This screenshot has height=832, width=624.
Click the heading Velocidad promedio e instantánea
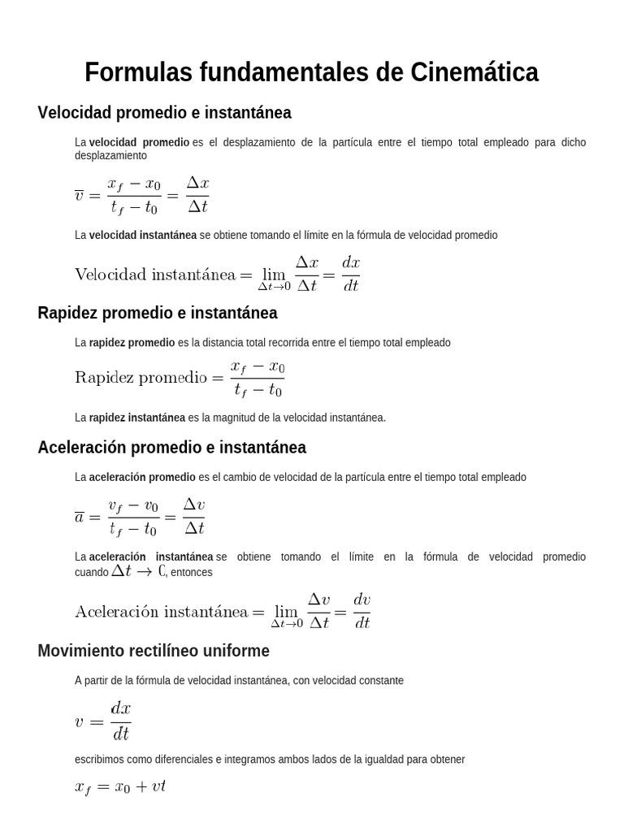(164, 112)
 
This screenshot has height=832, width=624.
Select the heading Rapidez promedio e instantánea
(158, 313)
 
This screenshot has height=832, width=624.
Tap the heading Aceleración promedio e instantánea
(171, 448)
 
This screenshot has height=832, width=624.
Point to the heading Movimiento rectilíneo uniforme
(154, 652)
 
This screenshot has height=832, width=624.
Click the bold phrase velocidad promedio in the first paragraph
(139, 142)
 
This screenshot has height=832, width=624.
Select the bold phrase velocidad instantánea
(142, 235)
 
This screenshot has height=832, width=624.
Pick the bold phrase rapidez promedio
(132, 343)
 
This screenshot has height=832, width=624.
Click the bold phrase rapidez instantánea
(136, 418)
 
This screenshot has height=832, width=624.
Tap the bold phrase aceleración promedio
(142, 477)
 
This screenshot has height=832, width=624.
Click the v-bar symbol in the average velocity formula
(80, 195)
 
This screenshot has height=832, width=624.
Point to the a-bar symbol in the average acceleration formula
(80, 517)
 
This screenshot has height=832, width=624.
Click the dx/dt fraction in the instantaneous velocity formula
(350, 273)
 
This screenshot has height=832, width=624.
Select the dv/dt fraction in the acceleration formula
(362, 610)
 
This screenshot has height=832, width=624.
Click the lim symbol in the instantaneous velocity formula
(274, 277)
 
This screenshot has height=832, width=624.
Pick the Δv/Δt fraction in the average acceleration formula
(193, 516)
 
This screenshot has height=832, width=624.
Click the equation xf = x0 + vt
(120, 787)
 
